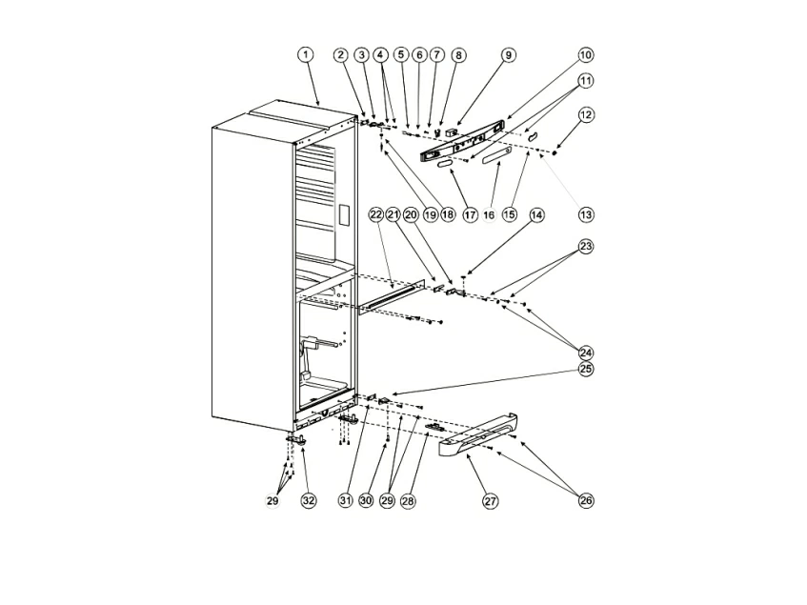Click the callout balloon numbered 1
pos(305,55)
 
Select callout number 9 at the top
pos(508,55)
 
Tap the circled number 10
pos(585,55)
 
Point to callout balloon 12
pos(585,115)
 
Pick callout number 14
pos(536,215)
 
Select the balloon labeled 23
pos(585,247)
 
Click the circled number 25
pos(585,369)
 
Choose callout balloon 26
pos(585,500)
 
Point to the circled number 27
pos(490,500)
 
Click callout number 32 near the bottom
pos(308,500)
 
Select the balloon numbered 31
pos(344,500)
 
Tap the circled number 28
pos(408,500)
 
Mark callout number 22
pos(375,215)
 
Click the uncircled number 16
pos(490,216)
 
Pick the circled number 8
pos(458,55)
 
